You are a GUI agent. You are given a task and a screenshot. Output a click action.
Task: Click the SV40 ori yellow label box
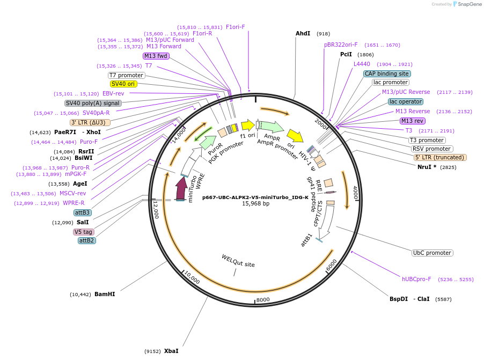pos(123,84)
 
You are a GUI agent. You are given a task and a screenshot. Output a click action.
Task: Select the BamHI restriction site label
pos(105,294)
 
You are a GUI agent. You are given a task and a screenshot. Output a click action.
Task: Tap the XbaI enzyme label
pos(171,351)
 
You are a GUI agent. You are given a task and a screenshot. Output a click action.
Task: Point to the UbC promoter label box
pos(432,253)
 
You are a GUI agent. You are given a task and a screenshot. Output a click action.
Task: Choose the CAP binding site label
pos(387,74)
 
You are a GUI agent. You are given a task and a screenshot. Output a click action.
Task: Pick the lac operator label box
pos(406,101)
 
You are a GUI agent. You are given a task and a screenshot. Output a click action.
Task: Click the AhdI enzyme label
pos(303,33)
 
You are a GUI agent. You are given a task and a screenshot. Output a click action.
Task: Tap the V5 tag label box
pos(84,232)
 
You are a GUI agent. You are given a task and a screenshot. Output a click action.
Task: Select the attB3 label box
pos(83,212)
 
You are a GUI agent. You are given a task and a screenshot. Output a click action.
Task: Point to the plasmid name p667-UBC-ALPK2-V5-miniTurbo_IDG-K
pos(255,197)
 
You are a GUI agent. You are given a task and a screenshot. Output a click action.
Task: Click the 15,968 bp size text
pos(255,204)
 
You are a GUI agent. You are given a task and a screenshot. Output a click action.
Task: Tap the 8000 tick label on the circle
pos(262,299)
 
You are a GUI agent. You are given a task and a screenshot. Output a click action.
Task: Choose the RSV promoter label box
pos(432,149)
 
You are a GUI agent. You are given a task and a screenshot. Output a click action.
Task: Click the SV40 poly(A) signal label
pos(93,103)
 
